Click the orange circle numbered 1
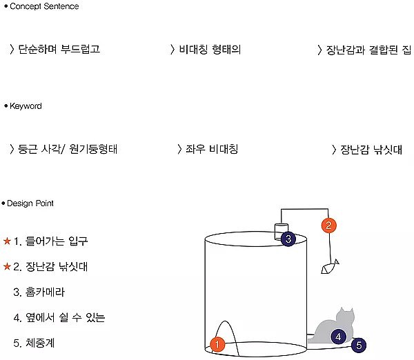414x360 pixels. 217,344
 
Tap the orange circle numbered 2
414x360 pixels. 328,226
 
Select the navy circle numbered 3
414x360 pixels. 288,239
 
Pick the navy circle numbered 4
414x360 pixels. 338,337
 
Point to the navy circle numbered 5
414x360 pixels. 359,345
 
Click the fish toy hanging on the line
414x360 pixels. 330,267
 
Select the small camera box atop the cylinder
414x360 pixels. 282,232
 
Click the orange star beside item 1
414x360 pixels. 7,241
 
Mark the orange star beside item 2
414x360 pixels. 7,267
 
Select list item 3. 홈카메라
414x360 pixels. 39,292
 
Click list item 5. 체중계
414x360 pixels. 34,343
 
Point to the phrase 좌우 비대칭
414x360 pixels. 212,149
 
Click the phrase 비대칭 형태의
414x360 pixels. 210,50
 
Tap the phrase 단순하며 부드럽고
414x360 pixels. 59,49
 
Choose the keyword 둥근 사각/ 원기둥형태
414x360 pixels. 68,149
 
